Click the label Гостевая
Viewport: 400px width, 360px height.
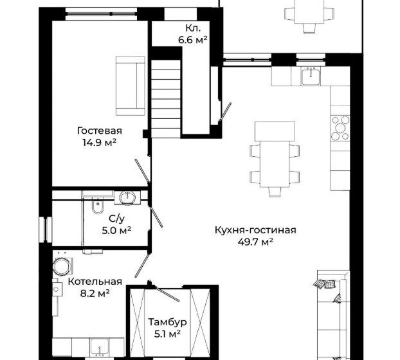(x=100, y=130)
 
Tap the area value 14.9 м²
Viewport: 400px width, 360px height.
(x=99, y=143)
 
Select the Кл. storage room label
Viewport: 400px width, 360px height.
(x=193, y=28)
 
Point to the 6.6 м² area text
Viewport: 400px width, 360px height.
(x=192, y=40)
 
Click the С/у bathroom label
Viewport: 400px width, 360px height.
(x=116, y=219)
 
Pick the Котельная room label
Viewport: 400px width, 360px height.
(x=95, y=282)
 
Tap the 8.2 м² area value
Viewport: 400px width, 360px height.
(x=95, y=293)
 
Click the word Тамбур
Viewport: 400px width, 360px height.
(x=167, y=322)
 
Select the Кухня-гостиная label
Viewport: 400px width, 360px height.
(x=255, y=230)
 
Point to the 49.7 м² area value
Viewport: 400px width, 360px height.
(x=255, y=242)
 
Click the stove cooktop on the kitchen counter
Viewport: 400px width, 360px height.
(x=340, y=128)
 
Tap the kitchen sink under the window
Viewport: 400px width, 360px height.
(x=311, y=76)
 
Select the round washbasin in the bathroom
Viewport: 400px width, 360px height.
(x=127, y=197)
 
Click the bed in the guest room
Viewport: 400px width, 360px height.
(x=131, y=86)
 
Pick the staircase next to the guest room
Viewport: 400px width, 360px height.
(x=166, y=99)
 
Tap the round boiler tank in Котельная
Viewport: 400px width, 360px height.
(x=62, y=266)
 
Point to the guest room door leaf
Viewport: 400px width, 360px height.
(x=142, y=170)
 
